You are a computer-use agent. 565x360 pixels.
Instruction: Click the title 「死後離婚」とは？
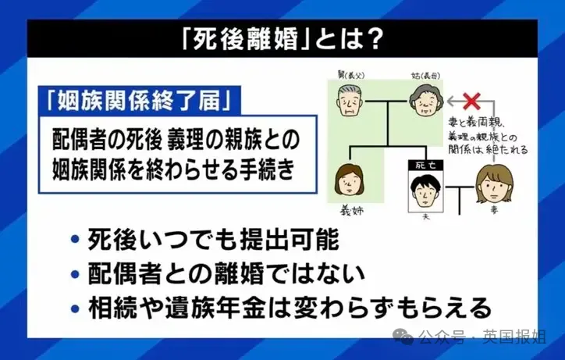282,38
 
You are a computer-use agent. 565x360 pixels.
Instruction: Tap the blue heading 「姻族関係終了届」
139,99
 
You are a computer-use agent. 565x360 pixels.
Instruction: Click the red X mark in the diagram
471,101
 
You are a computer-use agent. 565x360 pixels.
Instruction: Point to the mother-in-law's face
426,100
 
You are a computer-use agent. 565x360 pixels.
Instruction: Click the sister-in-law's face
349,180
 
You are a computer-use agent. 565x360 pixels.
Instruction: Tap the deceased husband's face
425,191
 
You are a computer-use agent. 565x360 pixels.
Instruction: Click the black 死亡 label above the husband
425,166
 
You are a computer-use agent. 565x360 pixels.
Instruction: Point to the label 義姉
351,211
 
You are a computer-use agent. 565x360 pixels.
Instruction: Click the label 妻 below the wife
494,210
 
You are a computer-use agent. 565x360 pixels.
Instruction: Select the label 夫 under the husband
426,217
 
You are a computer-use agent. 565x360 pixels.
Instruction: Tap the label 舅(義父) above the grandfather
351,75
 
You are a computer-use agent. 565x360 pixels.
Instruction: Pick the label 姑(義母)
425,76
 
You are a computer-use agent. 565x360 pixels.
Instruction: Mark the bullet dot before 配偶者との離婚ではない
75,275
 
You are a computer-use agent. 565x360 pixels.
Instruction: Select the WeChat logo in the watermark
403,336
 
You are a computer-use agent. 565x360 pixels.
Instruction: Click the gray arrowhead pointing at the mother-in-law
450,102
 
